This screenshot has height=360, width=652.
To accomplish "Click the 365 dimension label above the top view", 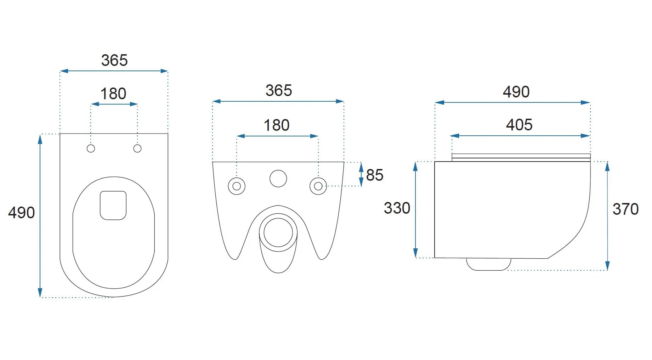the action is [x=114, y=60].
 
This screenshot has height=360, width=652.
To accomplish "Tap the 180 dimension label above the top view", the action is [x=113, y=94].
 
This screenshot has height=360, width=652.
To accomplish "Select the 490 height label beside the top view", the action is [x=21, y=213].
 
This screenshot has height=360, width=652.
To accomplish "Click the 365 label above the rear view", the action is [x=279, y=91].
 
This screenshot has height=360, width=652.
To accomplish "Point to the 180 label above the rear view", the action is [x=277, y=125].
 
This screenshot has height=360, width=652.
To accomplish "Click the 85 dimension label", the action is [x=375, y=175].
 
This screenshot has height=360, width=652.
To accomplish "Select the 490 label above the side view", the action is [x=516, y=92].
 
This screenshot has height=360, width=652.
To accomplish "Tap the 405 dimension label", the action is [x=519, y=125].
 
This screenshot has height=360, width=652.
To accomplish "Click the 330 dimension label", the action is [x=397, y=208].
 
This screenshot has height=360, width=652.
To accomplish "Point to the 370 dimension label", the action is [x=626, y=209].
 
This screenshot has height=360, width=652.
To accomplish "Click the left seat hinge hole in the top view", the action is [x=91, y=148].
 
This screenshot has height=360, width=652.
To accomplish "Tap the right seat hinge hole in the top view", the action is [x=137, y=148].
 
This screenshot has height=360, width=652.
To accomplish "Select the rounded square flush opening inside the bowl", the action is [x=113, y=206].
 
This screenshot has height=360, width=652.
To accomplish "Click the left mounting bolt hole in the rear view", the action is [x=237, y=186].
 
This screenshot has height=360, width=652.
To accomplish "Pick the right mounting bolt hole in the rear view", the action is [x=318, y=186].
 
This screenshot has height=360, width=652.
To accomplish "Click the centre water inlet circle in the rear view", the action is [x=278, y=179].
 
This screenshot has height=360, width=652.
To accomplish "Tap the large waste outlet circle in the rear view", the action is [x=278, y=232].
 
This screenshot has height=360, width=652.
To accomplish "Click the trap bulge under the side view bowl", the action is [x=489, y=264].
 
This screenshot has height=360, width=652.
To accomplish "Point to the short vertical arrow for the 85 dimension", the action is [x=361, y=174].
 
